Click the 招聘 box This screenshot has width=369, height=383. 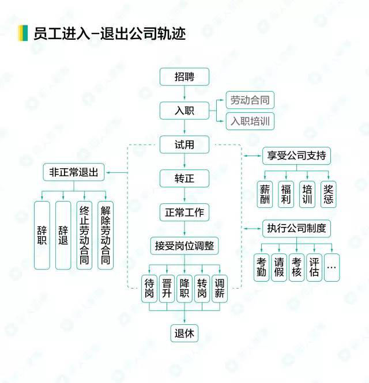184,77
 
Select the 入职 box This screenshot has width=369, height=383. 184,111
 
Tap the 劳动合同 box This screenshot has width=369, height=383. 250,100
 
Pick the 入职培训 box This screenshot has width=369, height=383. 250,121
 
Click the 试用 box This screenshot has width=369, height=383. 184,145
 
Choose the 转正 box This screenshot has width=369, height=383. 184,179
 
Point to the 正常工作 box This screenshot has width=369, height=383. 184,213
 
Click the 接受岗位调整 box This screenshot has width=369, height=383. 184,246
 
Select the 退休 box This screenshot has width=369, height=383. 184,333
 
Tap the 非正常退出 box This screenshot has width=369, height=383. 74,172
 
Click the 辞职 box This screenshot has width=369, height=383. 42,235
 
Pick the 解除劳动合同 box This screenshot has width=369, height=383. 106,235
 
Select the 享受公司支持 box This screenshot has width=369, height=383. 296,156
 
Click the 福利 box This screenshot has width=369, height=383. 286,195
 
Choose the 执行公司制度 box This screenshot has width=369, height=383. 296,229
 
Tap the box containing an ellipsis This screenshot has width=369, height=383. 332,267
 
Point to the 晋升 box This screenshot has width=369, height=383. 167,289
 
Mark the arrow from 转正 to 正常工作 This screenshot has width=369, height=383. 184,195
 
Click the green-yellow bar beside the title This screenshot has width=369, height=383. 23,33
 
